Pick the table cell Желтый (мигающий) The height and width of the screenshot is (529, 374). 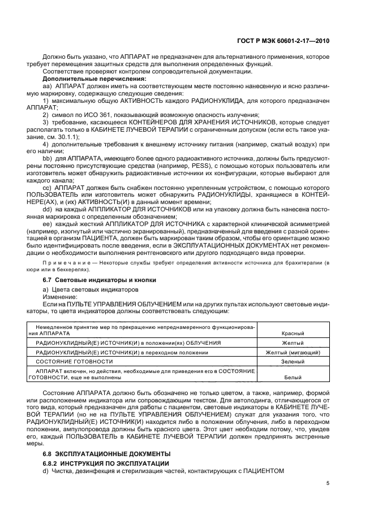293,352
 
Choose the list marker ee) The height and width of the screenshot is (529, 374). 48,225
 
